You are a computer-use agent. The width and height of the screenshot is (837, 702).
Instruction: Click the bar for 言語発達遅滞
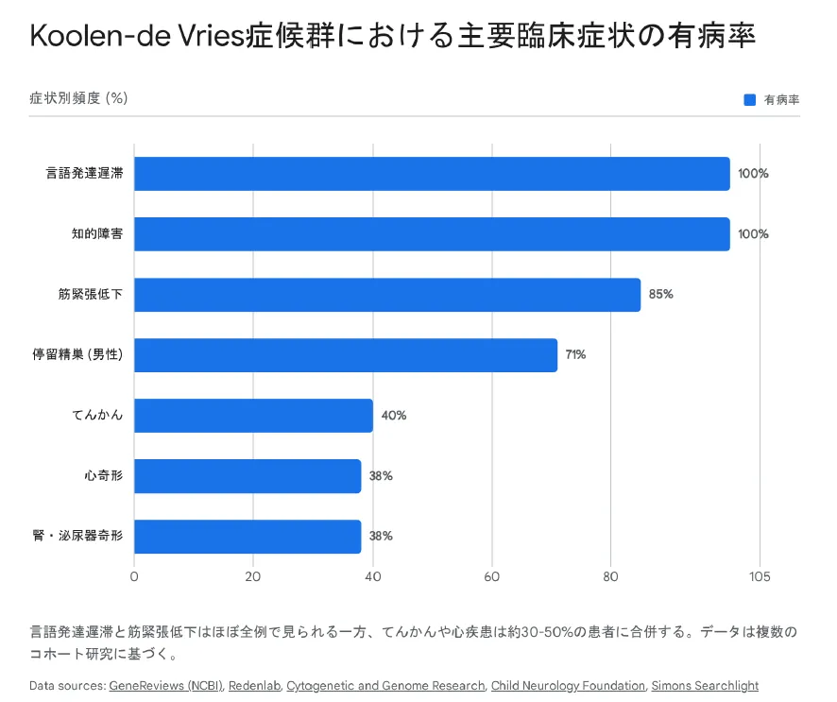pyautogui.click(x=432, y=174)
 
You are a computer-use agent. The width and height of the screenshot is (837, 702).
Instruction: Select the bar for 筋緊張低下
pyautogui.click(x=387, y=295)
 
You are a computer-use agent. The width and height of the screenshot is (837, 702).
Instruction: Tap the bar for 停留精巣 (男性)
pyautogui.click(x=346, y=355)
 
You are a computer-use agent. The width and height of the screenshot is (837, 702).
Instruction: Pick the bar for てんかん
pyautogui.click(x=253, y=416)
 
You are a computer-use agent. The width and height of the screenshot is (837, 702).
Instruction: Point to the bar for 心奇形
pyautogui.click(x=248, y=476)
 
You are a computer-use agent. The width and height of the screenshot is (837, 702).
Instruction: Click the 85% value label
pyautogui.click(x=660, y=295)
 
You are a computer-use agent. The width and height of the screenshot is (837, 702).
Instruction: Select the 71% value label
pyautogui.click(x=575, y=355)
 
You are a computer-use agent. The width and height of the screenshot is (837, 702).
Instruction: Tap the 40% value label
pyautogui.click(x=394, y=416)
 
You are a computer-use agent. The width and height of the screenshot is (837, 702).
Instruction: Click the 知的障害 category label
pyautogui.click(x=97, y=234)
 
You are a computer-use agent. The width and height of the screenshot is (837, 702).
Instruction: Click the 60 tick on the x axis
pyautogui.click(x=492, y=577)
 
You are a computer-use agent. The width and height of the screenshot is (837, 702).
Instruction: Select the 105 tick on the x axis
pyautogui.click(x=760, y=577)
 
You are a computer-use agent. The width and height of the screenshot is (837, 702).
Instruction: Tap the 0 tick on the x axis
pyautogui.click(x=134, y=577)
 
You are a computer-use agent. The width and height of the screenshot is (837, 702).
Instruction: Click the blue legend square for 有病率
pyautogui.click(x=750, y=99)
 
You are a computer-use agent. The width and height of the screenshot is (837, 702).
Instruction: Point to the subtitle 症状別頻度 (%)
pyautogui.click(x=78, y=98)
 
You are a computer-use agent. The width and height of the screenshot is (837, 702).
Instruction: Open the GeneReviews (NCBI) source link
pyautogui.click(x=166, y=686)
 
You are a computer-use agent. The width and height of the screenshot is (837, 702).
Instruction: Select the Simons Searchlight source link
pyautogui.click(x=705, y=686)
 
